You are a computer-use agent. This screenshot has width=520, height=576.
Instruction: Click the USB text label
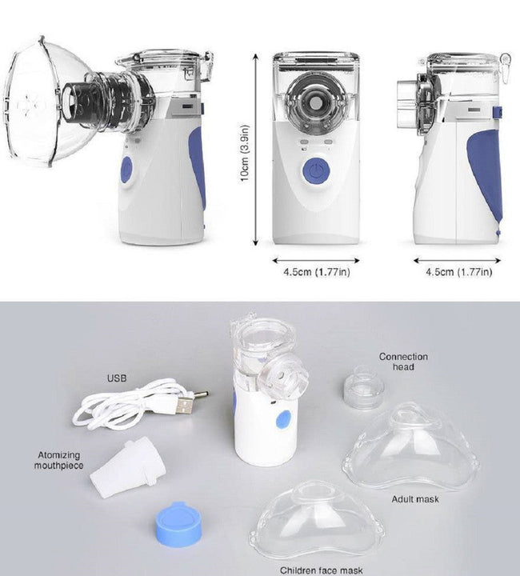coord(117,377)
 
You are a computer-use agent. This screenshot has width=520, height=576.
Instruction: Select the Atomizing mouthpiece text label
coord(59,460)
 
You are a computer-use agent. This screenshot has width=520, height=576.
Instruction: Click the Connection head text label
coord(403,362)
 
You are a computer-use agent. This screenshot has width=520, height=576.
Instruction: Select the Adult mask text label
coord(415,499)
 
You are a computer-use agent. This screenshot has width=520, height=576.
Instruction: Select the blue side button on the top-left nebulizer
coord(126,170)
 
